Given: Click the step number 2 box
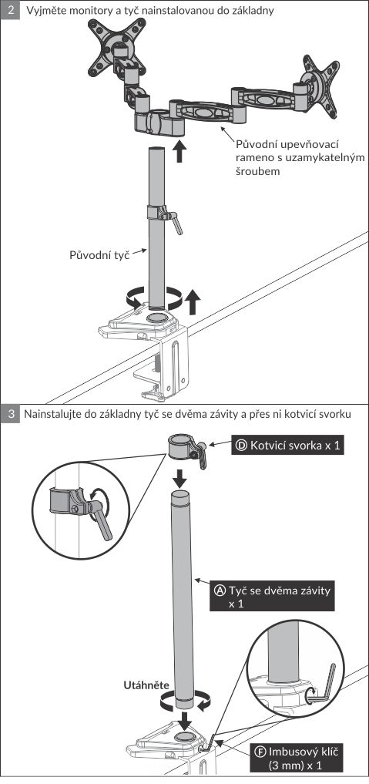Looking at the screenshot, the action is coord(11,9).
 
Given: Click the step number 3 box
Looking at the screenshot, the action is coord(11,415).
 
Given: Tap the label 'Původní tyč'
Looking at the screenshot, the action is coord(99,254).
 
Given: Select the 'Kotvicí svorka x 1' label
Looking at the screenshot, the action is coord(287,446).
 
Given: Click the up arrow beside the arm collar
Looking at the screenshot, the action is coord(179,152).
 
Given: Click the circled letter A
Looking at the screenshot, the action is coord(220,590).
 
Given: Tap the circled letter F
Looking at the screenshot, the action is coord(260,751).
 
